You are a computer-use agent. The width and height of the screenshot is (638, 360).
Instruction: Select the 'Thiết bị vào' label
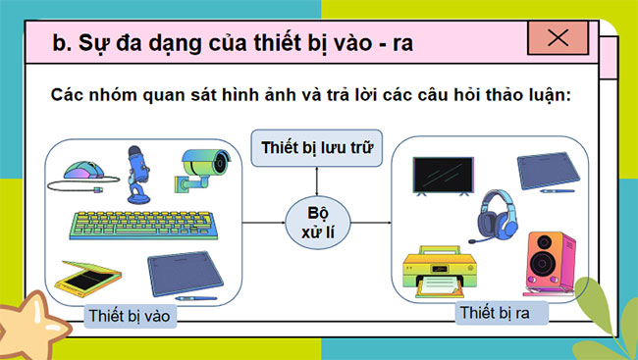pos(128,317)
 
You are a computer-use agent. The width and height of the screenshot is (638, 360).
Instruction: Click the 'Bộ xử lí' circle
pos(317,225)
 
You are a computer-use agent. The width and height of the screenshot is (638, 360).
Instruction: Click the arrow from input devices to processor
pos(263,224)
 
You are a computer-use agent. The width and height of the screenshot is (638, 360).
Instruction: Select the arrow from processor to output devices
pos(368,224)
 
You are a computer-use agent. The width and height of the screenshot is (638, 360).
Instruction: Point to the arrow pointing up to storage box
pos(317,181)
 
